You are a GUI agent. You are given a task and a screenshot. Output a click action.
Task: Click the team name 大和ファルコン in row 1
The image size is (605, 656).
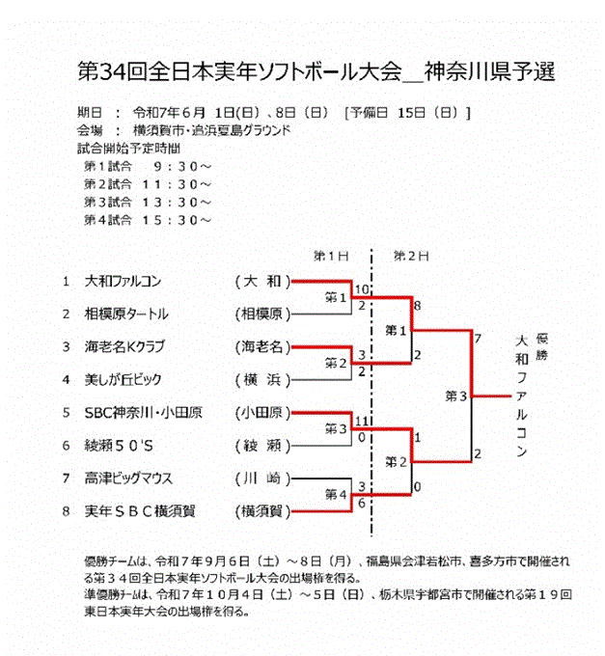point(123,281)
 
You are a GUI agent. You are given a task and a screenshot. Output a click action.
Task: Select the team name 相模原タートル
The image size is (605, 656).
point(126,314)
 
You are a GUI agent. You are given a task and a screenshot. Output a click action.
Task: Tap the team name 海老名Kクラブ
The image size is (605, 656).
point(124,347)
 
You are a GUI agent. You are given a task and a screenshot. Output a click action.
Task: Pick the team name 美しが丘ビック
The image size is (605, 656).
point(123,379)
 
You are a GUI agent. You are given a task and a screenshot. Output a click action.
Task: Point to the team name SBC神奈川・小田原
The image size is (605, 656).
point(143,413)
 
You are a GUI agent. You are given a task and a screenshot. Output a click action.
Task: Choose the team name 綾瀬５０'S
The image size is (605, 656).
point(119,445)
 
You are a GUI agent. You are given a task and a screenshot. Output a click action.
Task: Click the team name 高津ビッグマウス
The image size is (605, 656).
point(128,478)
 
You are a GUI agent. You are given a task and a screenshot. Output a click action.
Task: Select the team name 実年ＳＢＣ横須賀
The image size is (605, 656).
point(140,511)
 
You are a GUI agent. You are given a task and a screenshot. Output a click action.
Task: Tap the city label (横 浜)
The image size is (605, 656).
point(262,380)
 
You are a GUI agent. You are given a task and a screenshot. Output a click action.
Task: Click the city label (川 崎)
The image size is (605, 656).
point(262,478)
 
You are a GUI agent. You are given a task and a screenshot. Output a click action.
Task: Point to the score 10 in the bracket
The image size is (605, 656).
point(362,289)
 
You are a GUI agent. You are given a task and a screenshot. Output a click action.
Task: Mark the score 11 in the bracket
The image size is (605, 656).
point(362,421)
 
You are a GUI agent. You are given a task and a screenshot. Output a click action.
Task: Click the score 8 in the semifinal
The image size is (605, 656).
point(417,306)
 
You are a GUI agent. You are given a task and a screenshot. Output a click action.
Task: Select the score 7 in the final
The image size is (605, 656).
point(478,339)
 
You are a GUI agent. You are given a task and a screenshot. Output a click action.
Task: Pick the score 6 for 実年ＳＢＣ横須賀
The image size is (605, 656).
point(362,504)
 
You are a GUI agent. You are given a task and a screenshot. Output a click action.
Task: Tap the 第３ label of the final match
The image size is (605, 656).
point(455,396)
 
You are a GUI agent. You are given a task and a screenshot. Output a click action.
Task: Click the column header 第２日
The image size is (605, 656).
point(411,256)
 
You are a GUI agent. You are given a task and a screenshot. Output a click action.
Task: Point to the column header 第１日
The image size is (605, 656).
point(331,256)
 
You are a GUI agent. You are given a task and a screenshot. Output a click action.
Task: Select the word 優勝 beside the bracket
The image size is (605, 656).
point(542,347)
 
